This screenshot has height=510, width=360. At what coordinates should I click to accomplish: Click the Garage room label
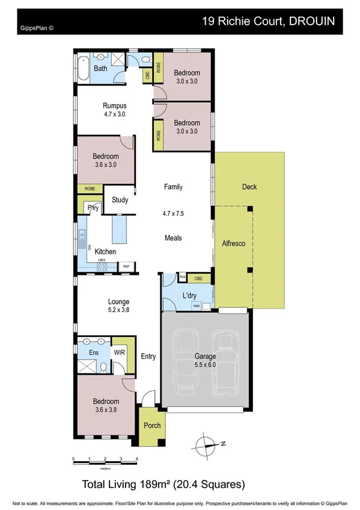point(205,356)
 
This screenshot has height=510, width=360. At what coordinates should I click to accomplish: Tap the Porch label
point(152,426)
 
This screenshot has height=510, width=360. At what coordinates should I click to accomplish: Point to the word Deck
point(249,187)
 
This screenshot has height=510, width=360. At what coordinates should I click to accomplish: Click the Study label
point(120,200)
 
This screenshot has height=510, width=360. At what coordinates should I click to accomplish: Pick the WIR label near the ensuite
point(119,353)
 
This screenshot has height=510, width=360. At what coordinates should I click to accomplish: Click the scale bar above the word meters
point(105,458)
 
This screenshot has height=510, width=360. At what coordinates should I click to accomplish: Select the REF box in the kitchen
point(126,266)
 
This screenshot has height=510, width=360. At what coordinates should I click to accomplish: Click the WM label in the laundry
point(196,306)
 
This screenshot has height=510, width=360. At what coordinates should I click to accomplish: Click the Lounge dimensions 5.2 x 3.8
point(118,310)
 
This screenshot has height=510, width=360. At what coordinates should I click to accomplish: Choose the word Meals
point(173,238)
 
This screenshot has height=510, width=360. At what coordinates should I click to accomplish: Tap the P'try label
point(93,208)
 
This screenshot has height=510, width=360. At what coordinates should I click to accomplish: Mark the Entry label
point(148,357)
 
